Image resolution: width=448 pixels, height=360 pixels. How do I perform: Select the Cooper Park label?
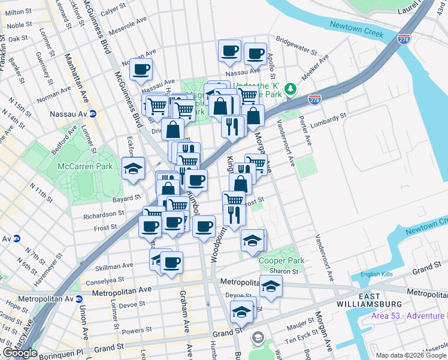(x=281, y=260)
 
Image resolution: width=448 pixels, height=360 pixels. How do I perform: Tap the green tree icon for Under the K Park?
(x=290, y=89)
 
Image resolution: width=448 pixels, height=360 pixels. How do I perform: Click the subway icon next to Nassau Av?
(x=93, y=113)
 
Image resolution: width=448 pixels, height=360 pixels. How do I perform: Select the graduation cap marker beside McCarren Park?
(x=133, y=168)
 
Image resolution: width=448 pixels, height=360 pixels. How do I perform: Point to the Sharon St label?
(x=286, y=271)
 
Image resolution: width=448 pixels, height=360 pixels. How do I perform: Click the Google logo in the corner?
(x=20, y=353)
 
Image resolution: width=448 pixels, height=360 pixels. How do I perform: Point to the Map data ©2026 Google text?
(x=407, y=355)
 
